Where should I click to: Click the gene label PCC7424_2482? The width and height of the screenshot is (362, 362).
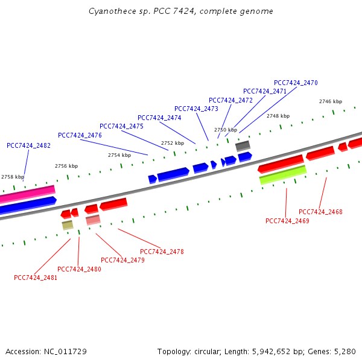point(28,145)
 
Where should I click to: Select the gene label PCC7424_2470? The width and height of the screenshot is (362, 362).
point(296,83)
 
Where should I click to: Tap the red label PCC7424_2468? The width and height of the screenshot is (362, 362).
point(320,212)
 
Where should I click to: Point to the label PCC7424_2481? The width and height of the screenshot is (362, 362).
point(36,278)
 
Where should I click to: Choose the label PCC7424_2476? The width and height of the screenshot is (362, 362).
point(80,135)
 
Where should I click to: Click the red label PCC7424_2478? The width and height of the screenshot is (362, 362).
point(162,252)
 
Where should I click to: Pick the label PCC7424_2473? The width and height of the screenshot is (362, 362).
point(196,109)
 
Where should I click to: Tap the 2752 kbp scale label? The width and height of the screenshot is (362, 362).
point(173,143)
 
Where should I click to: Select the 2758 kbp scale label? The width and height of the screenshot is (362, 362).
point(12,177)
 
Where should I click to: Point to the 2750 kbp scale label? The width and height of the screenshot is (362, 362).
point(226,130)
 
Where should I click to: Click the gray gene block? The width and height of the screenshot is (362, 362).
point(243,145)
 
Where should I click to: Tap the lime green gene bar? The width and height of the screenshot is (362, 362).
point(282,174)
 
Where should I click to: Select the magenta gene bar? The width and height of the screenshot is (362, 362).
point(27,194)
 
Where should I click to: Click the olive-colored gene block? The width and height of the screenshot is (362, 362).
point(67,225)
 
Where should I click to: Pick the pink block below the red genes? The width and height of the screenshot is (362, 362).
point(93,220)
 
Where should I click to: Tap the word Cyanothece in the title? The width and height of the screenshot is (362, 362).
point(109,11)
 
